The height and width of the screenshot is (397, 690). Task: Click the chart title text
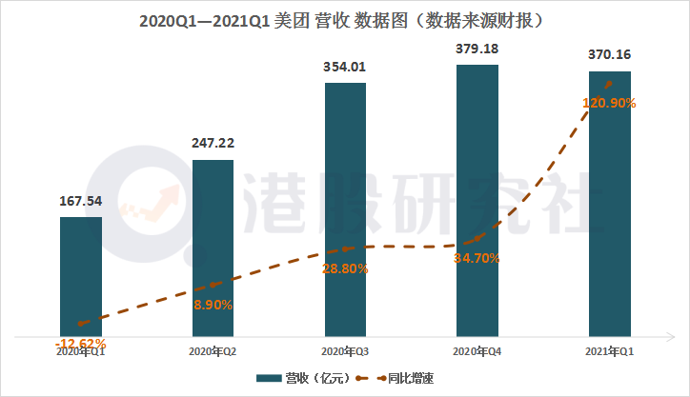tap(344, 19)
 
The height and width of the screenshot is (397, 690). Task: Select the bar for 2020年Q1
tap(81, 276)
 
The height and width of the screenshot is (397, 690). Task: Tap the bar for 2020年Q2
tap(213, 248)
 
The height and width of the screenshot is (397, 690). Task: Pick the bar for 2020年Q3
tap(345, 209)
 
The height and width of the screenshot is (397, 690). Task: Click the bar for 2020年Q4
tap(477, 200)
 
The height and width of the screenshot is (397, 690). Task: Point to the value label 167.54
tap(81, 202)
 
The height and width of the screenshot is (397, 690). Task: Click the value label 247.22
tap(213, 144)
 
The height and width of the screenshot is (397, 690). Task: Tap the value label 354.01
tap(345, 68)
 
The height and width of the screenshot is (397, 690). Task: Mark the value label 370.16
tap(610, 56)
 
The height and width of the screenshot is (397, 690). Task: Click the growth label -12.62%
tap(81, 343)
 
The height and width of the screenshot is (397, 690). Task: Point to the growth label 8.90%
tap(213, 305)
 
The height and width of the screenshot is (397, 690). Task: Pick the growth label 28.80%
tap(345, 269)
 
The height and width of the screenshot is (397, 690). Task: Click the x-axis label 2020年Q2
tap(213, 351)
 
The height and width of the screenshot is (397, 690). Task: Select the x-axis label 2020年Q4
tap(477, 351)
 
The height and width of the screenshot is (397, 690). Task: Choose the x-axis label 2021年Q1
tap(610, 351)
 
